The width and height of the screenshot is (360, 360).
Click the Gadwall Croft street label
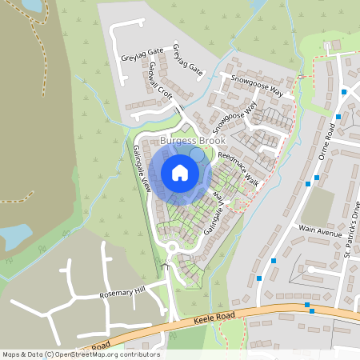[x=160, y=82]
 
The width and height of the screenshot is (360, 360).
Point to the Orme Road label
[x=326, y=142]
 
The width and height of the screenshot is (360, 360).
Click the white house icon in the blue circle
[x=180, y=173]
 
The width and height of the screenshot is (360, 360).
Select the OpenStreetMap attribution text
[x=80, y=354]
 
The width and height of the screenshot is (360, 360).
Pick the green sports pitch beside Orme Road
[x=318, y=206]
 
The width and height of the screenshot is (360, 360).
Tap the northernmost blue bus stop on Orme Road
[x=344, y=92]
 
